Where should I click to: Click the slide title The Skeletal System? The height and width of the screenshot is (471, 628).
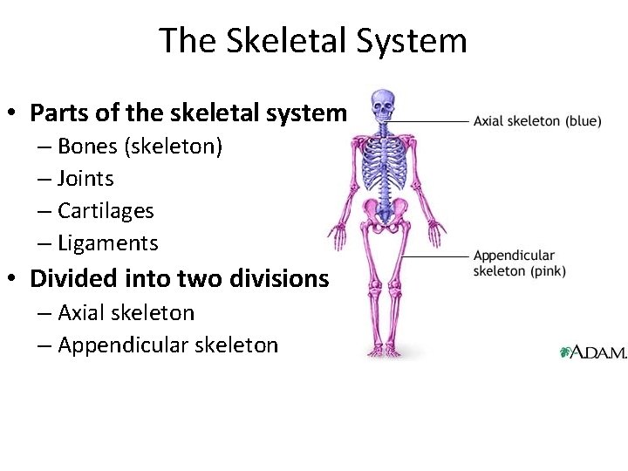click(x=313, y=40)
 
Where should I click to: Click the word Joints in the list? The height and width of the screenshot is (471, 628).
click(x=85, y=179)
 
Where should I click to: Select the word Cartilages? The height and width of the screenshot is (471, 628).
click(x=106, y=211)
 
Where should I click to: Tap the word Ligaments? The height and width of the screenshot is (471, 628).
click(x=107, y=243)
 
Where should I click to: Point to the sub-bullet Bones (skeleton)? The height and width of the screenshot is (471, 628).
click(x=140, y=147)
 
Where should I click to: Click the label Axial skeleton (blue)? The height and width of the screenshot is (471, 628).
click(x=536, y=121)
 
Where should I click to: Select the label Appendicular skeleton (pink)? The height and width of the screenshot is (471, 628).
click(x=519, y=263)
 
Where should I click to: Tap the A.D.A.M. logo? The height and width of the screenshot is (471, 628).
click(x=592, y=352)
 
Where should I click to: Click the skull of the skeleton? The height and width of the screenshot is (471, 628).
click(x=382, y=106)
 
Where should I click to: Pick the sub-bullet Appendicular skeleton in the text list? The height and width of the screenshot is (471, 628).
click(x=167, y=345)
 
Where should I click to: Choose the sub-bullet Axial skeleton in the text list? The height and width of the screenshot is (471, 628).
click(x=126, y=312)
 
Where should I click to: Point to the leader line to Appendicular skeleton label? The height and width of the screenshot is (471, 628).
click(x=436, y=257)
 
